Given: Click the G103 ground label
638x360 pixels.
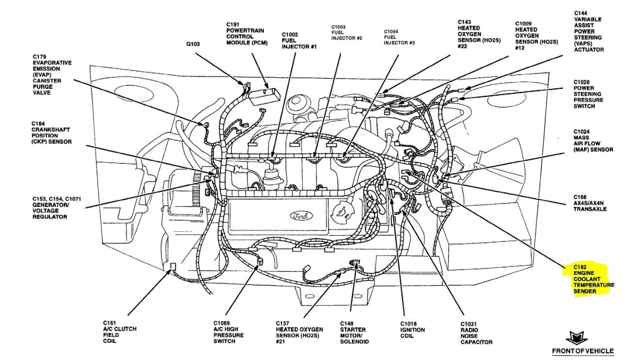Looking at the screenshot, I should tap(193, 44).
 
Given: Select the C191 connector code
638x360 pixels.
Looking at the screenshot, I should tap(234, 24).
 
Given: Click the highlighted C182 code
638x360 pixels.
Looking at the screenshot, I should tap(581, 267).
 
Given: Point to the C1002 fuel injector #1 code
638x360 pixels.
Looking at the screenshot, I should tap(290, 34).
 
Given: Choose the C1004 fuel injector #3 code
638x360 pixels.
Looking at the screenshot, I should tap(391, 31).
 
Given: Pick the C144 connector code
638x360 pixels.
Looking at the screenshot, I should tap(581, 13).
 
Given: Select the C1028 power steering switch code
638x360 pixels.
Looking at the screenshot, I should tap(582, 82).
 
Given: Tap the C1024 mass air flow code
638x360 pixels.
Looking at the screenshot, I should tap(582, 131).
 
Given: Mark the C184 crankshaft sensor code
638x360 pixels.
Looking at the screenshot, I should tap(39, 123).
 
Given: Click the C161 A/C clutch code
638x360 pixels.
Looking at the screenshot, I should tap(109, 323).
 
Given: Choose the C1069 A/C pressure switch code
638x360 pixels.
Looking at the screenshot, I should tap(222, 323).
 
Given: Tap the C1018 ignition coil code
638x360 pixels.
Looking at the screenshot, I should tap(409, 324).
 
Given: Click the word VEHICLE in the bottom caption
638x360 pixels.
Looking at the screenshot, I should tap(600, 351).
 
